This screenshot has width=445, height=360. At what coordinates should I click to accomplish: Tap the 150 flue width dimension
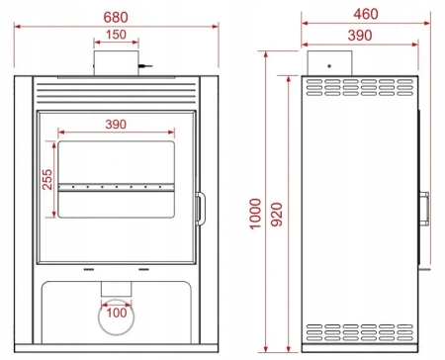pyautogui.click(x=117, y=36)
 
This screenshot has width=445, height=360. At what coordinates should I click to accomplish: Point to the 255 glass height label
pyautogui.click(x=46, y=179)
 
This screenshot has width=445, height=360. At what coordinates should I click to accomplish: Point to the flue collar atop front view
pyautogui.click(x=117, y=62)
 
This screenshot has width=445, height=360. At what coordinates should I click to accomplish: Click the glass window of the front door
pyautogui.click(x=117, y=163)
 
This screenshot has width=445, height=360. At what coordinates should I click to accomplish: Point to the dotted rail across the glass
pyautogui.click(x=117, y=185)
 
